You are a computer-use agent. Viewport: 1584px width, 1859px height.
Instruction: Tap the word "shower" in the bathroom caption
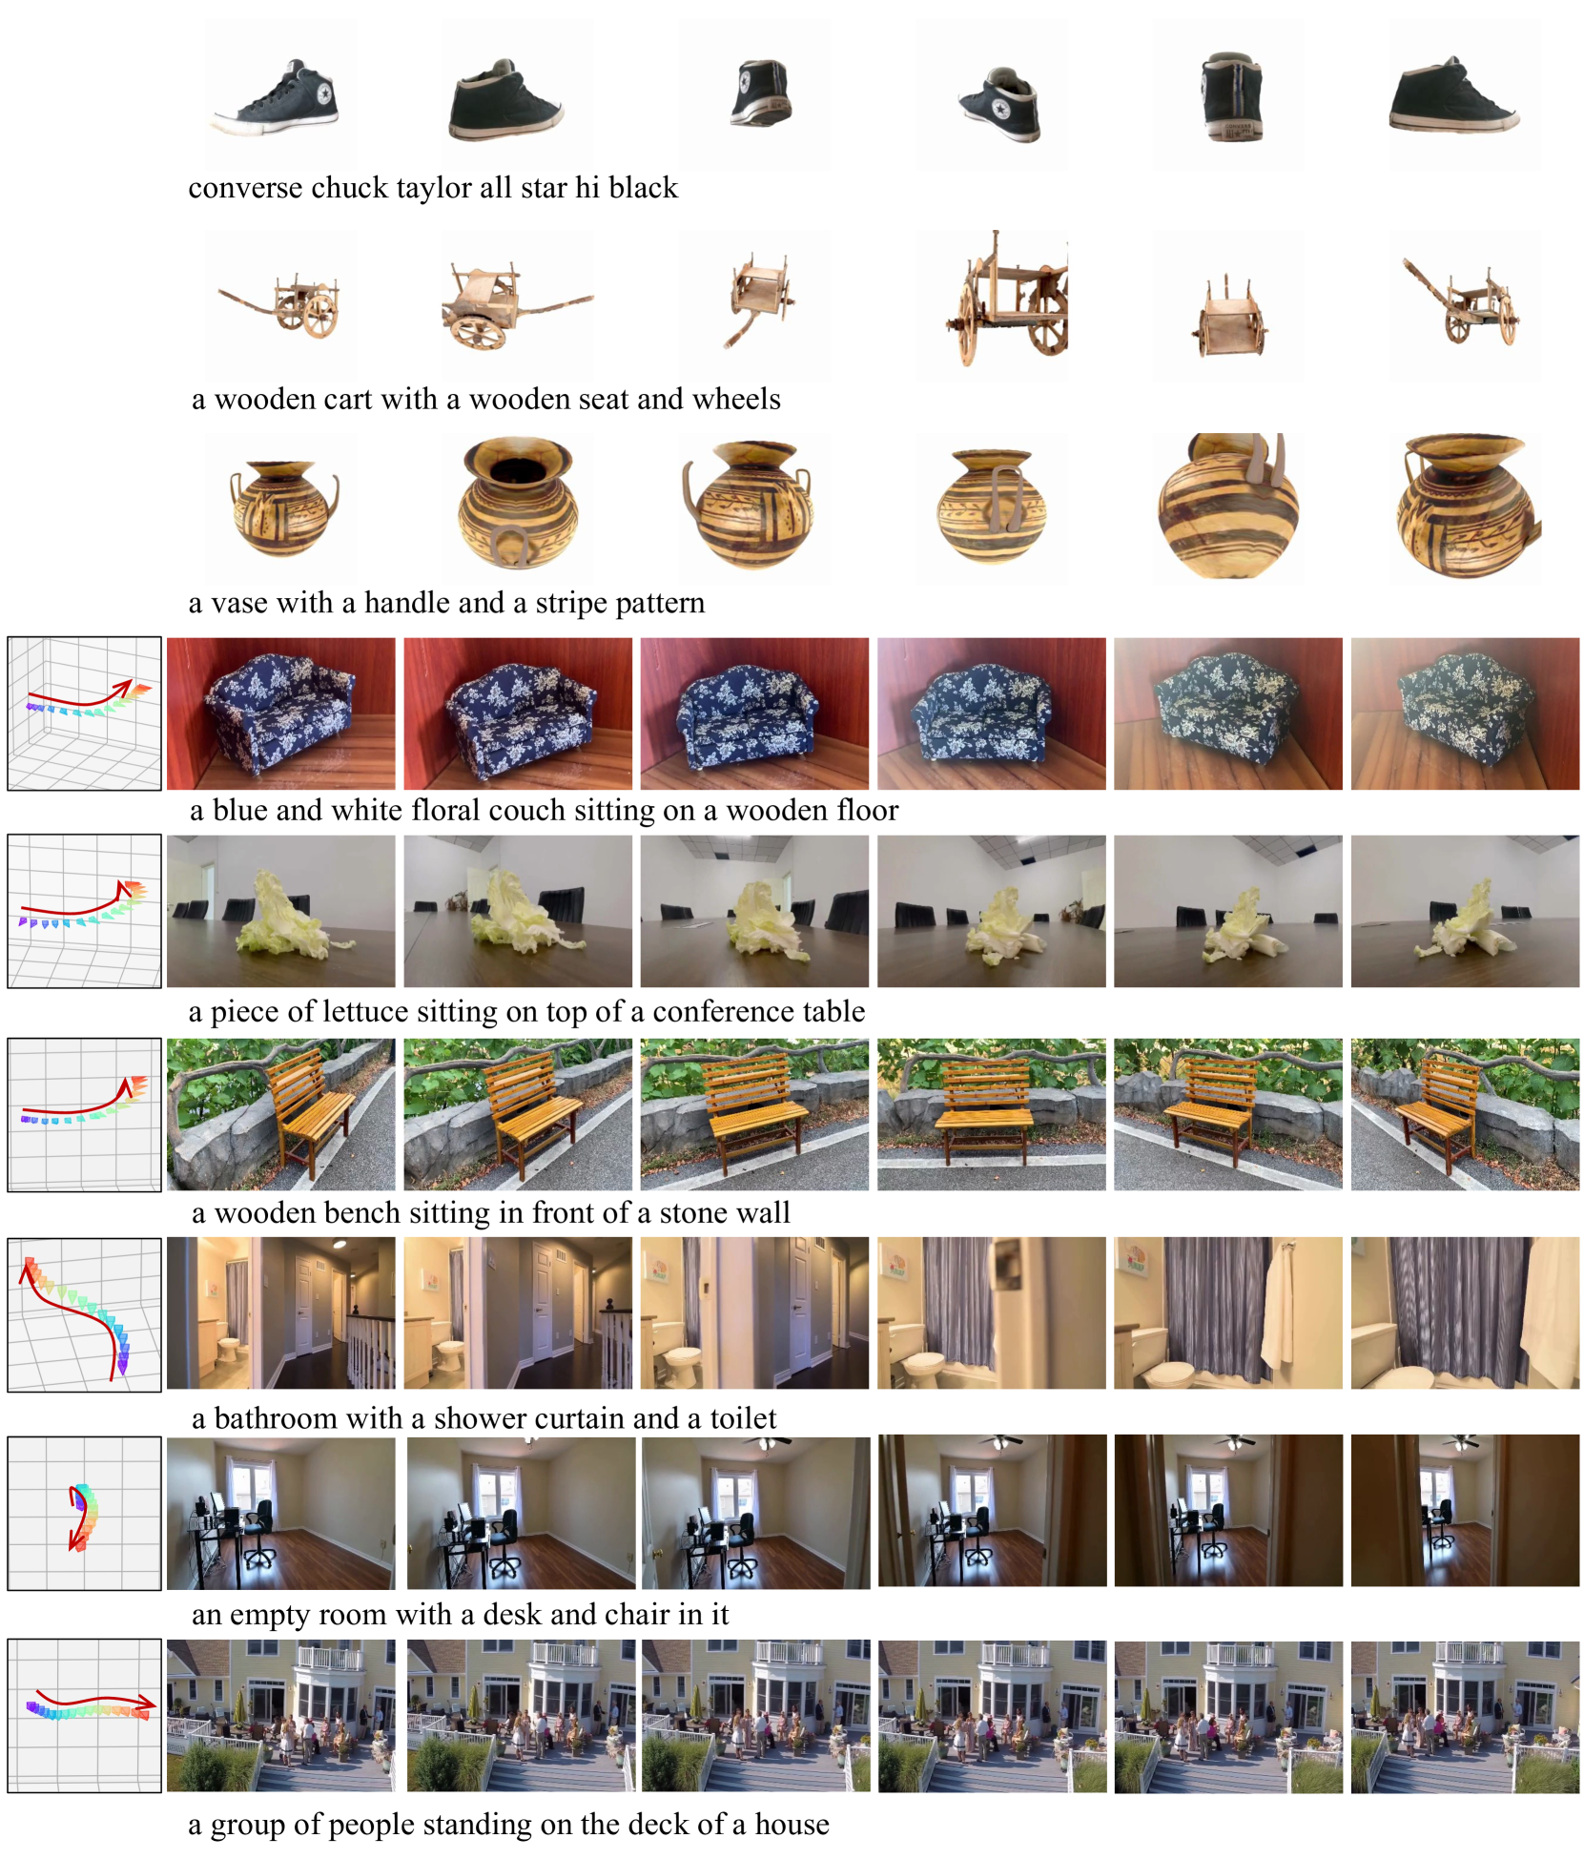pyautogui.click(x=475, y=1418)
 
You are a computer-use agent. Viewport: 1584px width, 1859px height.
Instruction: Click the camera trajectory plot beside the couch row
pyautogui.click(x=85, y=713)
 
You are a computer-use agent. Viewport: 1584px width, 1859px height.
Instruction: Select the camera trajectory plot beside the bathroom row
pyautogui.click(x=85, y=1315)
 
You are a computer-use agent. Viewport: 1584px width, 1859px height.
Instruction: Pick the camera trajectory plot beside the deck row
pyautogui.click(x=85, y=1716)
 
